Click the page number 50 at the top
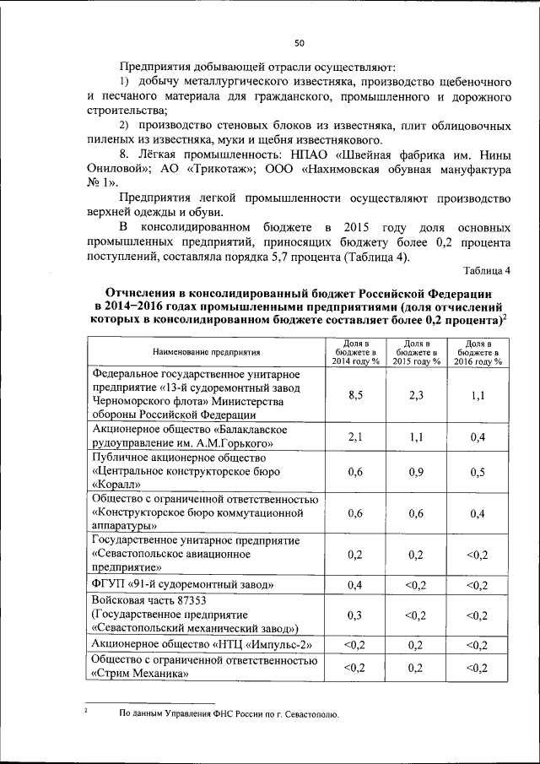point(299,44)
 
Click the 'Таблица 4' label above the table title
point(487,270)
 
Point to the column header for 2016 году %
point(478,351)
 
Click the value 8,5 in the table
point(355,394)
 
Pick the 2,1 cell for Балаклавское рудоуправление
point(355,436)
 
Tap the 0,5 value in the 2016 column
point(478,472)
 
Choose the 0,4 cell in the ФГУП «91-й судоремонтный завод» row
point(355,584)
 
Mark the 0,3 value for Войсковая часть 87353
point(355,615)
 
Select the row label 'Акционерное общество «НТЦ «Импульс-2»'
point(201,645)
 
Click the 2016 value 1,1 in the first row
point(478,394)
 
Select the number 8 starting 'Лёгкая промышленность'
point(123,155)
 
